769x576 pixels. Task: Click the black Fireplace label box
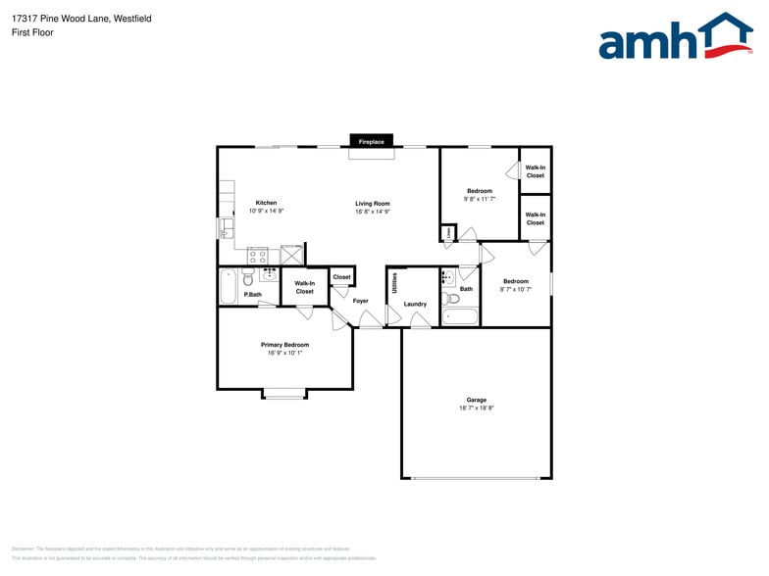pyautogui.click(x=372, y=142)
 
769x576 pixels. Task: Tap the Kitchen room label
pyautogui.click(x=266, y=203)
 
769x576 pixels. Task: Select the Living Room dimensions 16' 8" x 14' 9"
pyautogui.click(x=373, y=211)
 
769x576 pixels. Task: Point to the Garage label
pyautogui.click(x=477, y=400)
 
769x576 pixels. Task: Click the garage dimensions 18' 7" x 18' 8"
pyautogui.click(x=477, y=408)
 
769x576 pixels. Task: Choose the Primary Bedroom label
pyautogui.click(x=284, y=345)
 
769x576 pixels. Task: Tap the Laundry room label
pyautogui.click(x=415, y=304)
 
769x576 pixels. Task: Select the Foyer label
pyautogui.click(x=361, y=301)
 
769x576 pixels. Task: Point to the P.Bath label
pyautogui.click(x=253, y=294)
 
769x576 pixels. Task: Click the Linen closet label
pyautogui.click(x=449, y=233)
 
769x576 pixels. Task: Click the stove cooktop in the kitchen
pyautogui.click(x=259, y=256)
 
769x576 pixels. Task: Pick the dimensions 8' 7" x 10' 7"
pyautogui.click(x=516, y=289)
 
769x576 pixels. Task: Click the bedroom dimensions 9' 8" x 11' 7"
pyautogui.click(x=480, y=199)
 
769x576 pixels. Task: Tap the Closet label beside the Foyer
pyautogui.click(x=341, y=277)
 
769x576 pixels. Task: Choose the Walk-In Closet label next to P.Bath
pyautogui.click(x=305, y=287)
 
